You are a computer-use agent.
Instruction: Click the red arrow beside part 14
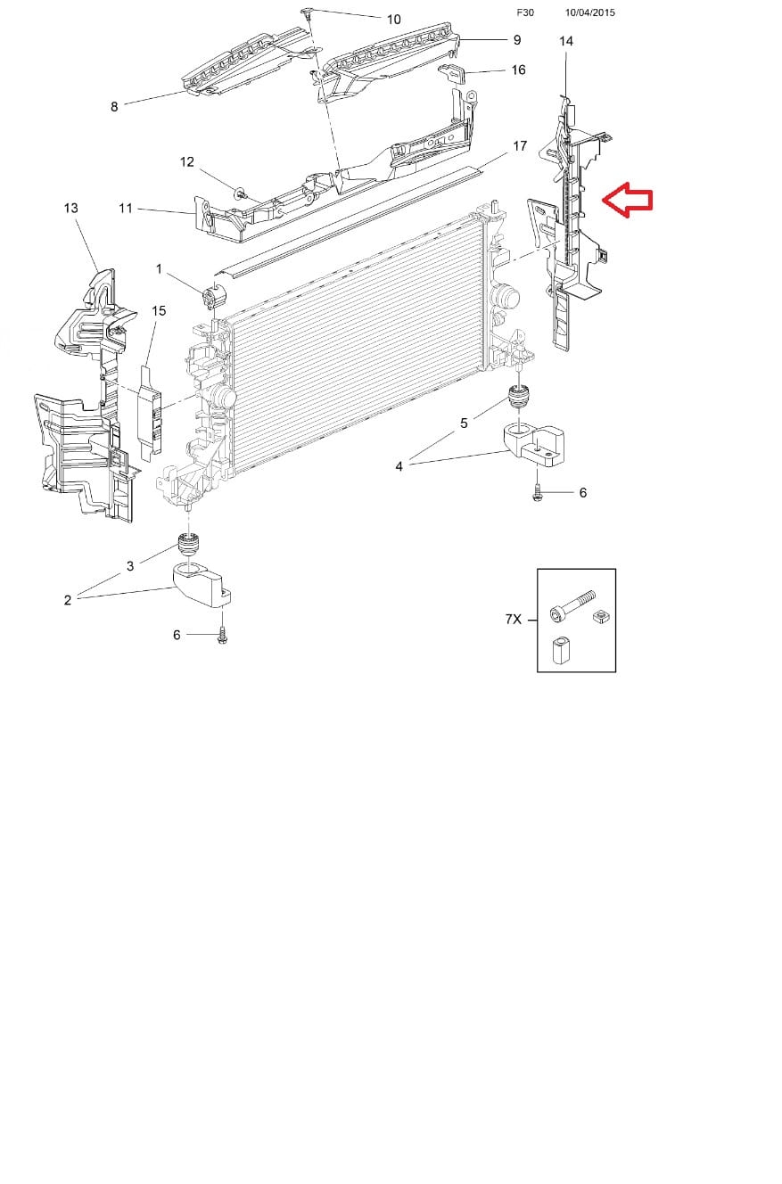628,200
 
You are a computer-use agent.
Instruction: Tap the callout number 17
520,146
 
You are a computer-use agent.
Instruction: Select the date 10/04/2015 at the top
590,12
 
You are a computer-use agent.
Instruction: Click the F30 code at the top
525,12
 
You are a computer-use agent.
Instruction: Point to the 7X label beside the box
514,619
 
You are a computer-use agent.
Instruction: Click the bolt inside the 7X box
572,605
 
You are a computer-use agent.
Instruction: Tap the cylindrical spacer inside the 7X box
559,650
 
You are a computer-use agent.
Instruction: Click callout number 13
70,209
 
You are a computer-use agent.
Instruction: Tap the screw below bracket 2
222,637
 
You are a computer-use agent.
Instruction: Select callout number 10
394,20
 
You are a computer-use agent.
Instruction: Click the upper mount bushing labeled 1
214,296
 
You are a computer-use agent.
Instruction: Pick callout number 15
159,311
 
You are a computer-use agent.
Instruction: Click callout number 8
113,107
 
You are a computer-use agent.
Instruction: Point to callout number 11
126,209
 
